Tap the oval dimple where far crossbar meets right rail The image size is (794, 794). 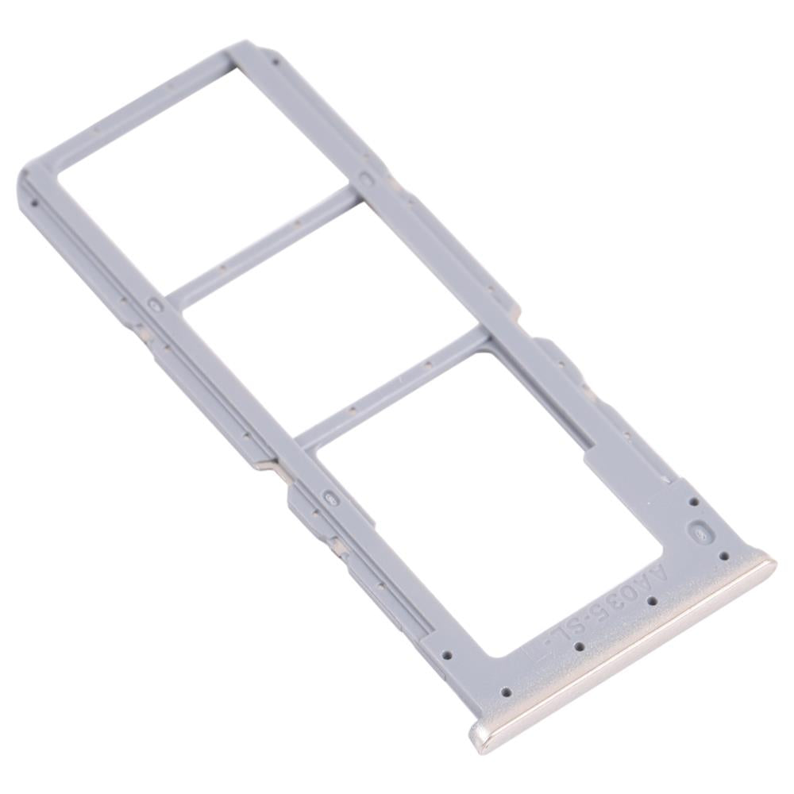366,180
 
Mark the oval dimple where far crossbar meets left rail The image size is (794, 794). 156,304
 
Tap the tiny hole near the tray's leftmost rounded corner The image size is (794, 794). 33,203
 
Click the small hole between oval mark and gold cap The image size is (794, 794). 723,556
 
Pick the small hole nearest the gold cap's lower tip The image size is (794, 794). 506,692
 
